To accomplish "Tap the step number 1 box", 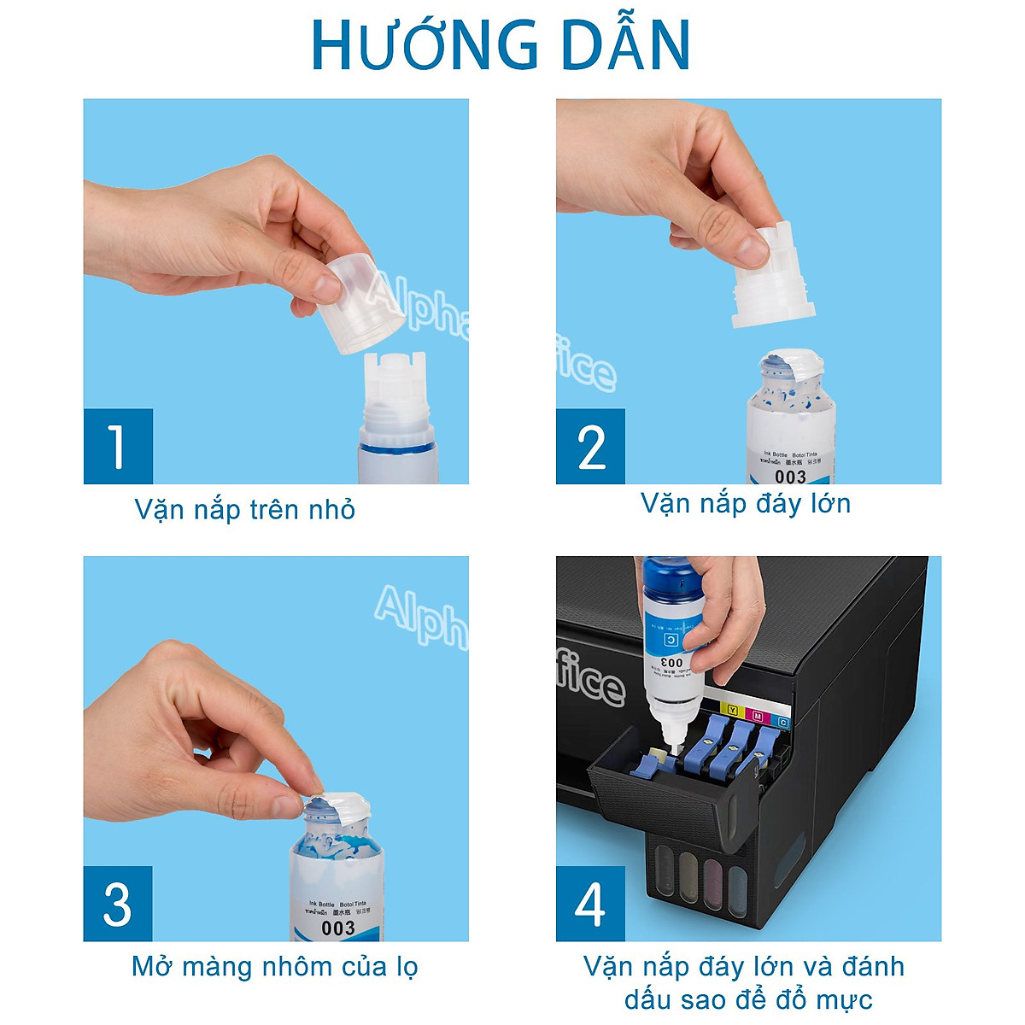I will tap(118, 446).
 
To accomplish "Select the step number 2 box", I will tap(590, 446).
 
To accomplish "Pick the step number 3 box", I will tap(118, 904).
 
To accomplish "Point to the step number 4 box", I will tap(590, 904).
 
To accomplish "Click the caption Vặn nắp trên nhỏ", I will tap(244, 510).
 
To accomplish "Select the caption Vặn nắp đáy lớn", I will tap(746, 504).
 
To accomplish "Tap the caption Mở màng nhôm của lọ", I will tap(274, 967).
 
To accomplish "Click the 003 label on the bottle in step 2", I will tap(790, 476).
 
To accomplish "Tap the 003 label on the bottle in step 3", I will tap(338, 928).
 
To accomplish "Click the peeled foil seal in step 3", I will tap(337, 807).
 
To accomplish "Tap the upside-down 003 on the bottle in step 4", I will tap(672, 662).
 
